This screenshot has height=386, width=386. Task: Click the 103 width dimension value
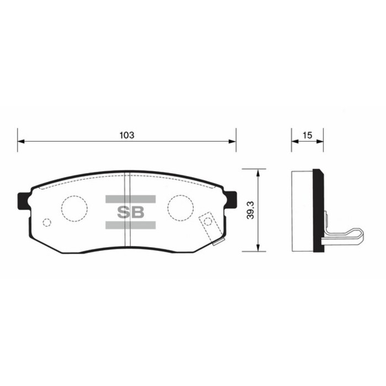127,135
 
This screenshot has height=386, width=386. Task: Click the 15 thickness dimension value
307,135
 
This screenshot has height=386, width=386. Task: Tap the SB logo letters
130,211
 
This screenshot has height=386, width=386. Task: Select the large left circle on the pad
74,208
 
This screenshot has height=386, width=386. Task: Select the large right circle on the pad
181,207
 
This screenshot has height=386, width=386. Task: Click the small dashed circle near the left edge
47,222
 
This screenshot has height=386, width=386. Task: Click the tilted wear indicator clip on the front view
211,228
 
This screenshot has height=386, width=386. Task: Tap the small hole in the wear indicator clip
207,222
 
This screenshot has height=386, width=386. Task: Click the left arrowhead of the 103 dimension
21,142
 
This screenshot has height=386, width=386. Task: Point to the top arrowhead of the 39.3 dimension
258,172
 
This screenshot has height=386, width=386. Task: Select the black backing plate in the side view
318,211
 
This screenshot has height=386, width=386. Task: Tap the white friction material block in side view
302,211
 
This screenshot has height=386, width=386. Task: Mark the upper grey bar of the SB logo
130,199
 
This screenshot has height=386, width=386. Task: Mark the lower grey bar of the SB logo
130,224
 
